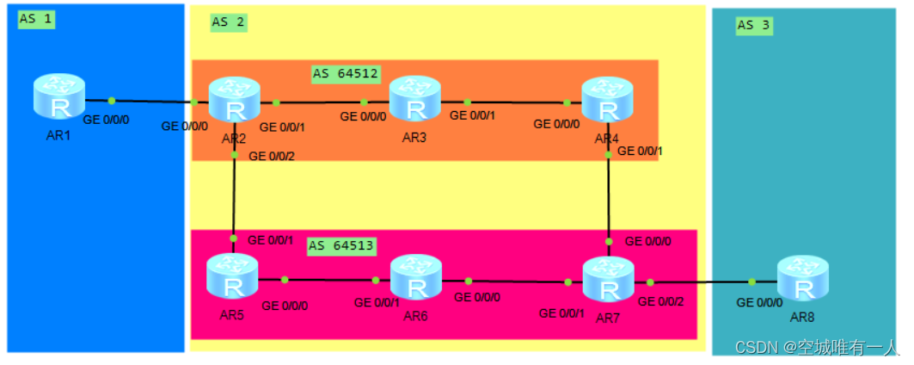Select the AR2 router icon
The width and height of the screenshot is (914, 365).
[x=234, y=102]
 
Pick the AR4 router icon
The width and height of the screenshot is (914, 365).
[x=607, y=101]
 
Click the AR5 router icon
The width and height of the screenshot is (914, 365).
[x=232, y=279]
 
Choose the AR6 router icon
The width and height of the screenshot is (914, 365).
[x=416, y=280]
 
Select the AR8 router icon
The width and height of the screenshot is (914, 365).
[x=803, y=281]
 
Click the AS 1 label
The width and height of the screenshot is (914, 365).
[x=36, y=19]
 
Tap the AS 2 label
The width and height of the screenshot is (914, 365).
[x=228, y=22]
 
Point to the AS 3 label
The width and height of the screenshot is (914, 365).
[x=754, y=26]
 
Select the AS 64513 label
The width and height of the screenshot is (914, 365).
[x=341, y=246]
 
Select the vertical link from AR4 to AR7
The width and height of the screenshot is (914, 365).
[x=608, y=190]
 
